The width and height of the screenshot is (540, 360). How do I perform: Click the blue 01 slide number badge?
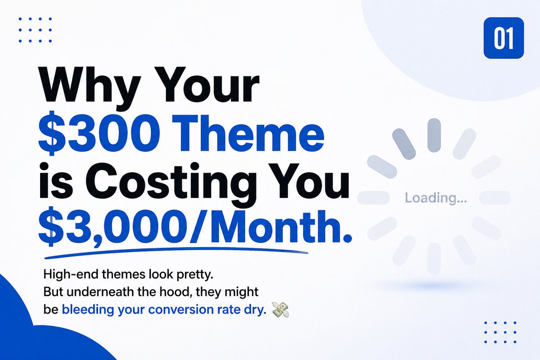click(504, 39)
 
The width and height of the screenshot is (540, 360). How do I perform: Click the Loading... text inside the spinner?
click(436, 198)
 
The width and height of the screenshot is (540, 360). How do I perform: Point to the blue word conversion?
click(178, 310)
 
